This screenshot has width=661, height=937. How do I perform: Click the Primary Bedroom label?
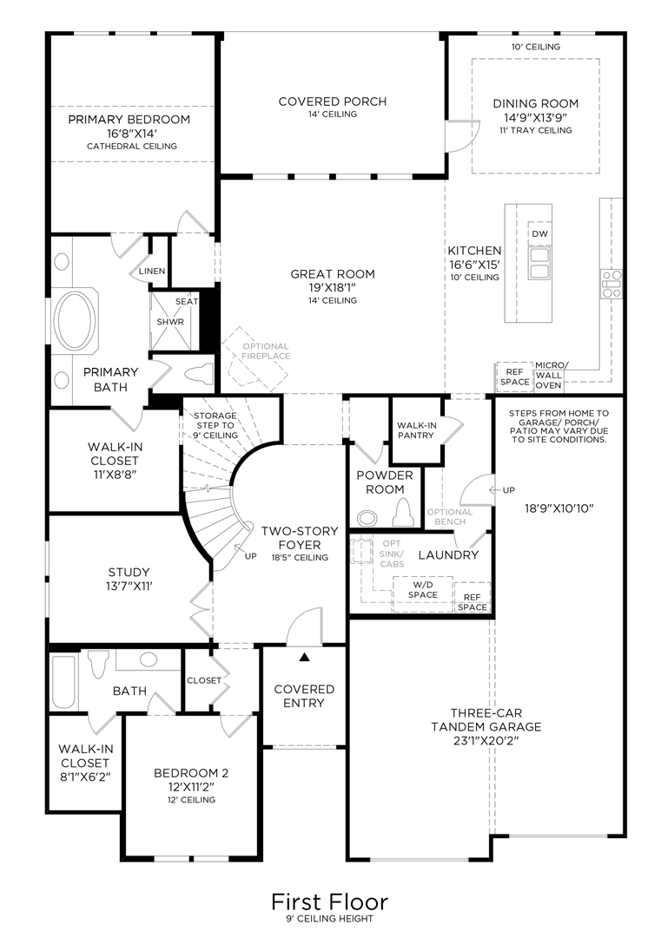[129, 120]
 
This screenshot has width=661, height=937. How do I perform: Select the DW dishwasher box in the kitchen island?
[539, 234]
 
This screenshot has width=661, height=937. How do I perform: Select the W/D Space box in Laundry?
[422, 590]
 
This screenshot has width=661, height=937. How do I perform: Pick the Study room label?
[129, 573]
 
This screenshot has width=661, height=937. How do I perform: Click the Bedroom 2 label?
[190, 773]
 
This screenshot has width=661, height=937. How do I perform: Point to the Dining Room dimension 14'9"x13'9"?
[535, 116]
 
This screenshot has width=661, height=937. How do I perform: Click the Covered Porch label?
[332, 102]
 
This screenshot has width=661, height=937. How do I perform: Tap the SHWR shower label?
[170, 322]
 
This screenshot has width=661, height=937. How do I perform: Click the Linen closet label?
[152, 272]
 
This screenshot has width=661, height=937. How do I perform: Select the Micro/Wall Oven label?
[548, 375]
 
